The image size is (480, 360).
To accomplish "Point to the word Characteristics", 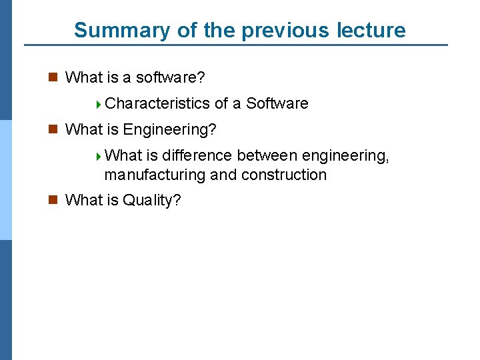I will (x=157, y=103).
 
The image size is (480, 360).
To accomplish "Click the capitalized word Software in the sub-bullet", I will (x=277, y=103).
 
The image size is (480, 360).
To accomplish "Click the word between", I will (x=268, y=155).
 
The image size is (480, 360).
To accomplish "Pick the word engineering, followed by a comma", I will (x=345, y=155).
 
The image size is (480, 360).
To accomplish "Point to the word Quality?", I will (x=152, y=200).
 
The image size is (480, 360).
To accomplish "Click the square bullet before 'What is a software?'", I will (x=53, y=77).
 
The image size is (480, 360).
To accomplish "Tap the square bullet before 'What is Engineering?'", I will (x=53, y=129).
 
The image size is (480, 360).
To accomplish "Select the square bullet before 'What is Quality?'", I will (x=53, y=200).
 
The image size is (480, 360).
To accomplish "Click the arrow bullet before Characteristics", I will (x=99, y=104).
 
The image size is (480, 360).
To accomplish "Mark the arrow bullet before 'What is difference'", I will (x=99, y=156).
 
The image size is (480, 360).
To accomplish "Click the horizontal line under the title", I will (x=236, y=45).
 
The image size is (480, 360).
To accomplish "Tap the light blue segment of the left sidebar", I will (x=6, y=180).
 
